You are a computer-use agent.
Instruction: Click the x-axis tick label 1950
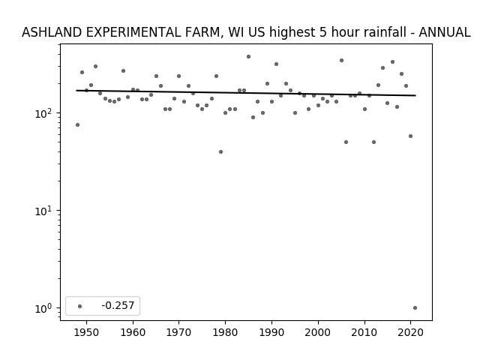pyautogui.click(x=87, y=332)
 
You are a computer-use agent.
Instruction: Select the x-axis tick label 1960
pyautogui.click(x=133, y=332)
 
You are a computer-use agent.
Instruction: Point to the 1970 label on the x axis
pyautogui.click(x=179, y=332)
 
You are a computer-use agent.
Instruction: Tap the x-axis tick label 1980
pyautogui.click(x=226, y=332)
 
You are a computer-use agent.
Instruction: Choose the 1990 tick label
pyautogui.click(x=271, y=332)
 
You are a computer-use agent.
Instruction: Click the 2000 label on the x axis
pyautogui.click(x=318, y=332)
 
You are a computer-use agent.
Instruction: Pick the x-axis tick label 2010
pyautogui.click(x=364, y=332)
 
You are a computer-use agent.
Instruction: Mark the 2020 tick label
pyautogui.click(x=411, y=332)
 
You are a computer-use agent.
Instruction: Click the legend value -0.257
pyautogui.click(x=118, y=305)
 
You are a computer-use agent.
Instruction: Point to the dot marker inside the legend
pyautogui.click(x=80, y=306)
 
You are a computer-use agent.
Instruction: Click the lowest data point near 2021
pyautogui.click(x=415, y=308)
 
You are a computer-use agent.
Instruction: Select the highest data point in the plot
pyautogui.click(x=248, y=57)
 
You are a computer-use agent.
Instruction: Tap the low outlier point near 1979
pyautogui.click(x=220, y=151)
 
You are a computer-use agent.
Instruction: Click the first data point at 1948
pyautogui.click(x=77, y=125)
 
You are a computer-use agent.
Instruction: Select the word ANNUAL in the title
pyautogui.click(x=445, y=32)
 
